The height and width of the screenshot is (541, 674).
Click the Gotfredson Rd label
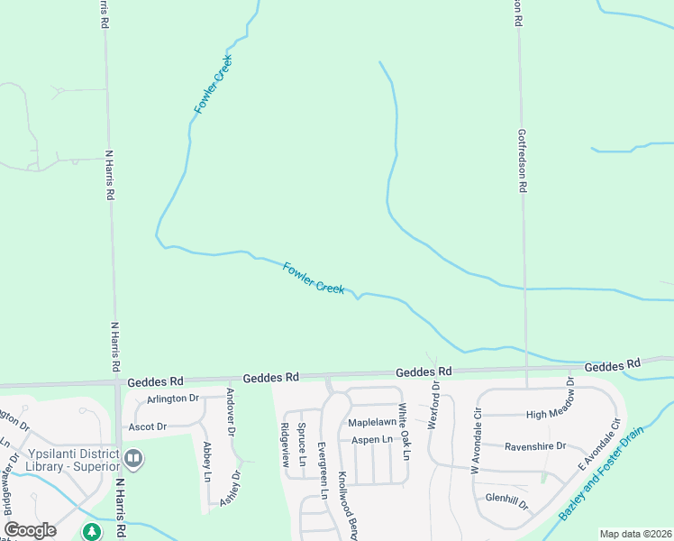[x=521, y=160]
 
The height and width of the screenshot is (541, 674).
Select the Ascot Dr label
[x=148, y=426]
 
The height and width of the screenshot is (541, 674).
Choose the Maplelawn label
[x=372, y=422]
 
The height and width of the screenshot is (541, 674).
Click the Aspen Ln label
[x=372, y=439]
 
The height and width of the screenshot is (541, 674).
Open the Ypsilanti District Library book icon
[x=134, y=459]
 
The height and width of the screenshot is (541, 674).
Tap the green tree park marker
[x=92, y=532]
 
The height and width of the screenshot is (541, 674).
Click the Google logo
[x=30, y=530]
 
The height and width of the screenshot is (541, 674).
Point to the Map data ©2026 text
[x=635, y=534]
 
